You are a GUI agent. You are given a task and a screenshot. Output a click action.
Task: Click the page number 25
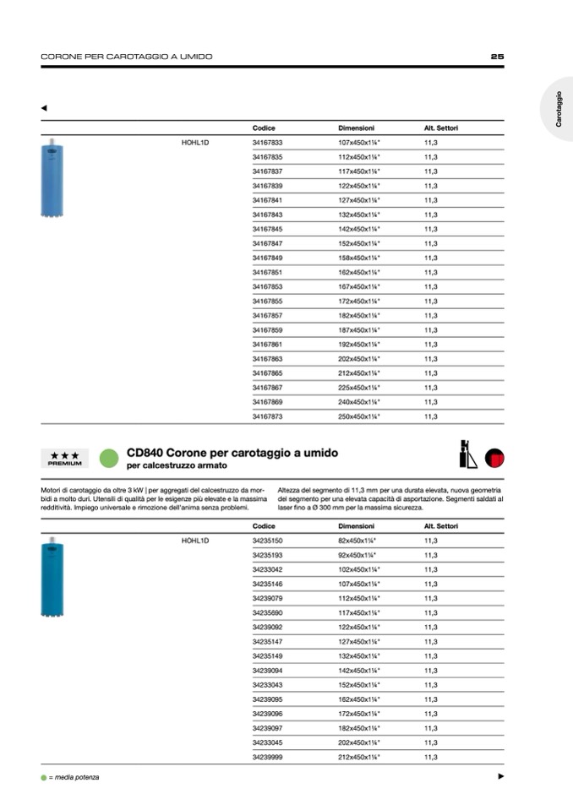click(497, 57)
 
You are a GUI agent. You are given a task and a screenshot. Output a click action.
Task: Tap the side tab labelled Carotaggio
click(559, 111)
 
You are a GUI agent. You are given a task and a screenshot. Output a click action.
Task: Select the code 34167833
click(267, 143)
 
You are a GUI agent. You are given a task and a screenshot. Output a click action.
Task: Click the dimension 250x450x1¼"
click(359, 416)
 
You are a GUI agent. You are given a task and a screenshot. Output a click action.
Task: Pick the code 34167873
click(267, 416)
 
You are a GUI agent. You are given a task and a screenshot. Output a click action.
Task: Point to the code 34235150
click(267, 541)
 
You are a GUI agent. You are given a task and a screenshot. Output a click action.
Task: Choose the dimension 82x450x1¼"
click(357, 541)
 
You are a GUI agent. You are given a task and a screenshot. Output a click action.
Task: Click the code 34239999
click(267, 758)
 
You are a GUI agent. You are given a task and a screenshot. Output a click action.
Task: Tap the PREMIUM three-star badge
click(65, 459)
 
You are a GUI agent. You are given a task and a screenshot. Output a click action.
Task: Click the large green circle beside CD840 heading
click(107, 459)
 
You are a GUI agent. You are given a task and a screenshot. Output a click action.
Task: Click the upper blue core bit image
click(52, 178)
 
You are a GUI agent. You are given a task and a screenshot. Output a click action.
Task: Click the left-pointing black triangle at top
click(44, 108)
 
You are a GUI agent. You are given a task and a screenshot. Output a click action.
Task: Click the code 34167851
click(267, 272)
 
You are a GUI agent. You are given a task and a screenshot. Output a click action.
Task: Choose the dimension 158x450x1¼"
click(359, 258)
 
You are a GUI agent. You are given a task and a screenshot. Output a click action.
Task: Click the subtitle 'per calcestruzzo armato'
click(177, 465)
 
